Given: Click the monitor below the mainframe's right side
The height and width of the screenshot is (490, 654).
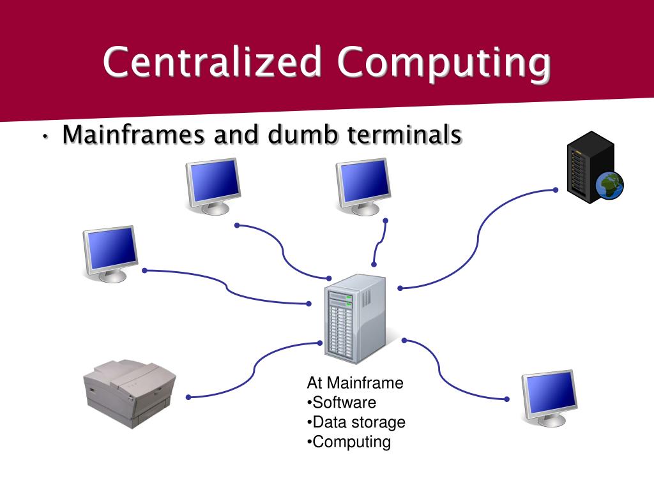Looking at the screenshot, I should (549, 396).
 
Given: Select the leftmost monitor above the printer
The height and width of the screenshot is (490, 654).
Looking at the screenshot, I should (110, 253).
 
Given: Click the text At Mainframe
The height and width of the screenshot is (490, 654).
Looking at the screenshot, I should (355, 383).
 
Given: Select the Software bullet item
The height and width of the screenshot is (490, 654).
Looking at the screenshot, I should (342, 403).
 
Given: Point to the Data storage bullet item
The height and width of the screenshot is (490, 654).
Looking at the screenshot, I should (356, 422).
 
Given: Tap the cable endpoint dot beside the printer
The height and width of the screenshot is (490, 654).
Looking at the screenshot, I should (189, 397).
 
